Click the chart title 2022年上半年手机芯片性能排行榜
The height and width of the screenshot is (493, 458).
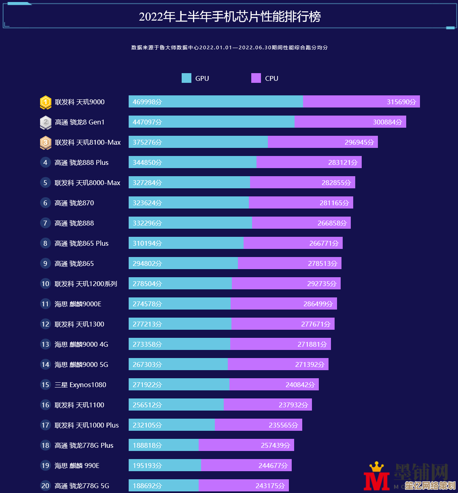pyautogui.click(x=229, y=17)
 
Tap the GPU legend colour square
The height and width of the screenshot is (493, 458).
pyautogui.click(x=186, y=78)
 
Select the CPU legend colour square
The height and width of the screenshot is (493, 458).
pyautogui.click(x=256, y=78)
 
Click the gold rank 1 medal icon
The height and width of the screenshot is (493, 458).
pyautogui.click(x=45, y=102)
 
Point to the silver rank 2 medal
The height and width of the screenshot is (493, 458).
pyautogui.click(x=45, y=122)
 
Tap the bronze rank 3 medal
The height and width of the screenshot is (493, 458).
pyautogui.click(x=45, y=143)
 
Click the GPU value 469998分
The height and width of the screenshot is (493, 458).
pyautogui.click(x=147, y=102)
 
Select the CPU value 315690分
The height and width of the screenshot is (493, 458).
pyautogui.click(x=401, y=102)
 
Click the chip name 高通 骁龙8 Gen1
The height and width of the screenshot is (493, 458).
pyautogui.click(x=80, y=122)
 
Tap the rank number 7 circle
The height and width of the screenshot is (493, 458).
pyautogui.click(x=45, y=223)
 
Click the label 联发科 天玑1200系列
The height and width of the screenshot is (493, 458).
pyautogui.click(x=86, y=284)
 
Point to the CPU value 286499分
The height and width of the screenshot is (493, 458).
pyautogui.click(x=318, y=304)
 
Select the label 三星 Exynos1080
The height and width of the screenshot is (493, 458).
pyautogui.click(x=81, y=385)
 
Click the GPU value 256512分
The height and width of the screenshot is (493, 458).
pyautogui.click(x=147, y=405)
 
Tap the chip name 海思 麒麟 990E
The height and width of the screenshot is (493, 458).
pyautogui.click(x=77, y=466)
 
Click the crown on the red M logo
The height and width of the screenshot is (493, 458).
pyautogui.click(x=377, y=467)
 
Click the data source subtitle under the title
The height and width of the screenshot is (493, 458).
pyautogui.click(x=229, y=47)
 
